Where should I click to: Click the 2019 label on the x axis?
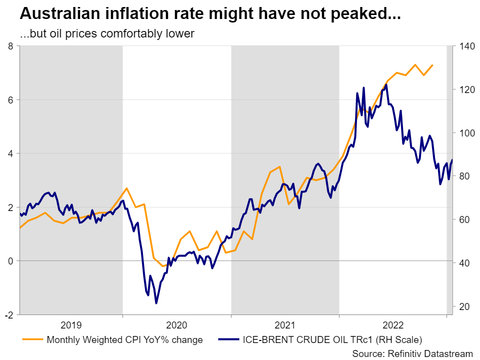[x=71, y=325]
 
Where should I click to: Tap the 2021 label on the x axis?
[x=285, y=325]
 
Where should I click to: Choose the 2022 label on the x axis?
[x=393, y=325]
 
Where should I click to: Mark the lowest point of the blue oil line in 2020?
[x=156, y=303]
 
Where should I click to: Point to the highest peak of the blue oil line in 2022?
[x=386, y=84]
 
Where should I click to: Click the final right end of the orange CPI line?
[x=432, y=65]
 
